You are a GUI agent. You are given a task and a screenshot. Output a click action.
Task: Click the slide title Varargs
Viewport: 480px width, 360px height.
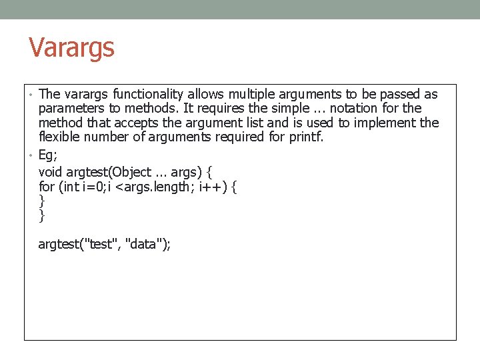coord(71,48)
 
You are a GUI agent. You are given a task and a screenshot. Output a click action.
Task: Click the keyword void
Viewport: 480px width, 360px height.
coord(51,172)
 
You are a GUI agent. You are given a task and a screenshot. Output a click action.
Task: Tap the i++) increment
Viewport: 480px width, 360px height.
coord(214,187)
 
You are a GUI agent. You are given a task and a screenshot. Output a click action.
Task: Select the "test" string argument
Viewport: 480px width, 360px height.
coord(99,244)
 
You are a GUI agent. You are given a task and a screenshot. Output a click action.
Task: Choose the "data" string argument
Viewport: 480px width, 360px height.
coord(148,244)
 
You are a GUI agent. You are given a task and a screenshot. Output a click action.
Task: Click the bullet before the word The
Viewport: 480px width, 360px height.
coord(31,94)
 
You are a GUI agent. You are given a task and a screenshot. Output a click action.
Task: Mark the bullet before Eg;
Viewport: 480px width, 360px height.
coord(31,155)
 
